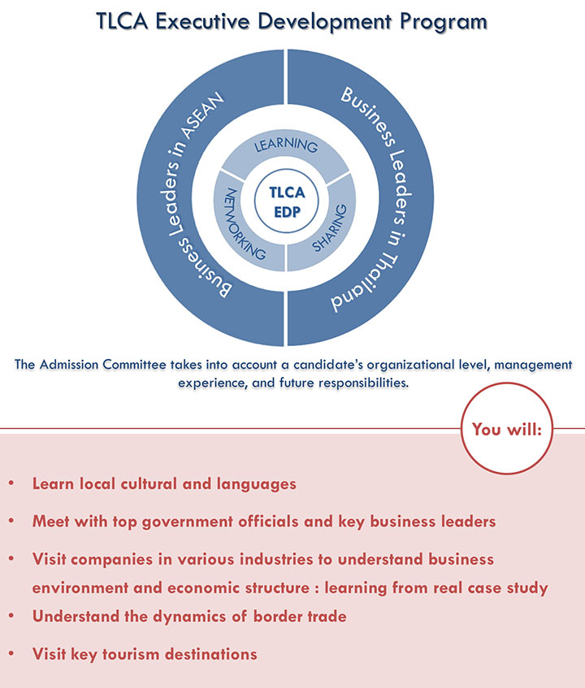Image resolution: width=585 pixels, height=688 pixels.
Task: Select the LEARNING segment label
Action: pos(285,146)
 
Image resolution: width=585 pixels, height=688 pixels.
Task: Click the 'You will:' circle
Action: pos(506,429)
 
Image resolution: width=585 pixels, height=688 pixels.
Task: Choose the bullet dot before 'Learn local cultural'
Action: pos(11,484)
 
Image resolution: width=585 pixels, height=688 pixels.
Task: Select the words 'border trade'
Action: pos(297,617)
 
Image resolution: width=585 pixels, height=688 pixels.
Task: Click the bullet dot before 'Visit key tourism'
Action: pos(11,654)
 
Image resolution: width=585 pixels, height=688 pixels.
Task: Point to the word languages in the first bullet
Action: pos(256,484)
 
